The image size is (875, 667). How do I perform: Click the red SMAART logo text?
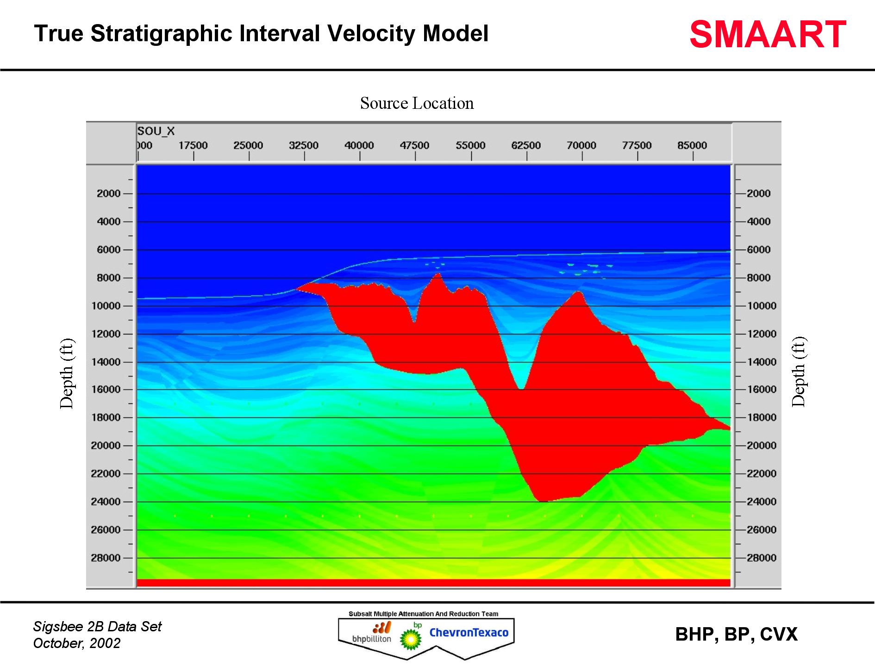click(x=767, y=35)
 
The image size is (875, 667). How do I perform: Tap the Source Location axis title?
click(x=417, y=103)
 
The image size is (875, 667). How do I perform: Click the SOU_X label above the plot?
click(x=156, y=131)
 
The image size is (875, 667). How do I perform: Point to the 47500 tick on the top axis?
click(x=415, y=145)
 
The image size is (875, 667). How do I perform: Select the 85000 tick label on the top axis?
click(x=692, y=145)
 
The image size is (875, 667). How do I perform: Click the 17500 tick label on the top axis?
click(x=193, y=145)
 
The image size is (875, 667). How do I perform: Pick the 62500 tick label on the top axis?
click(x=526, y=145)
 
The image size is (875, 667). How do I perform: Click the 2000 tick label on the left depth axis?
click(x=108, y=194)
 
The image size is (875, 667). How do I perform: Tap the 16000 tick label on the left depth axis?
click(x=106, y=390)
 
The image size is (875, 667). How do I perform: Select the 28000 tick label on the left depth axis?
click(x=106, y=558)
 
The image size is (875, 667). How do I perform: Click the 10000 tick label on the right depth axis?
click(x=761, y=306)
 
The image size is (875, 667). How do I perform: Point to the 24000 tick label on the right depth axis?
click(x=761, y=502)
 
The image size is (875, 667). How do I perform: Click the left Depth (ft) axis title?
click(x=67, y=373)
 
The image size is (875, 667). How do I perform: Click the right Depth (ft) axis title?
click(x=799, y=372)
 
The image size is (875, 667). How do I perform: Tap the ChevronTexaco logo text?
click(x=469, y=633)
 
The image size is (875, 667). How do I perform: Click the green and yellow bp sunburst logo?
click(x=410, y=639)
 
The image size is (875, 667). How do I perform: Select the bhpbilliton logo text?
click(x=371, y=639)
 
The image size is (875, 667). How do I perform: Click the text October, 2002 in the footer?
click(x=77, y=643)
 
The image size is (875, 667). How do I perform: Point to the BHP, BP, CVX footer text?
click(x=736, y=635)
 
